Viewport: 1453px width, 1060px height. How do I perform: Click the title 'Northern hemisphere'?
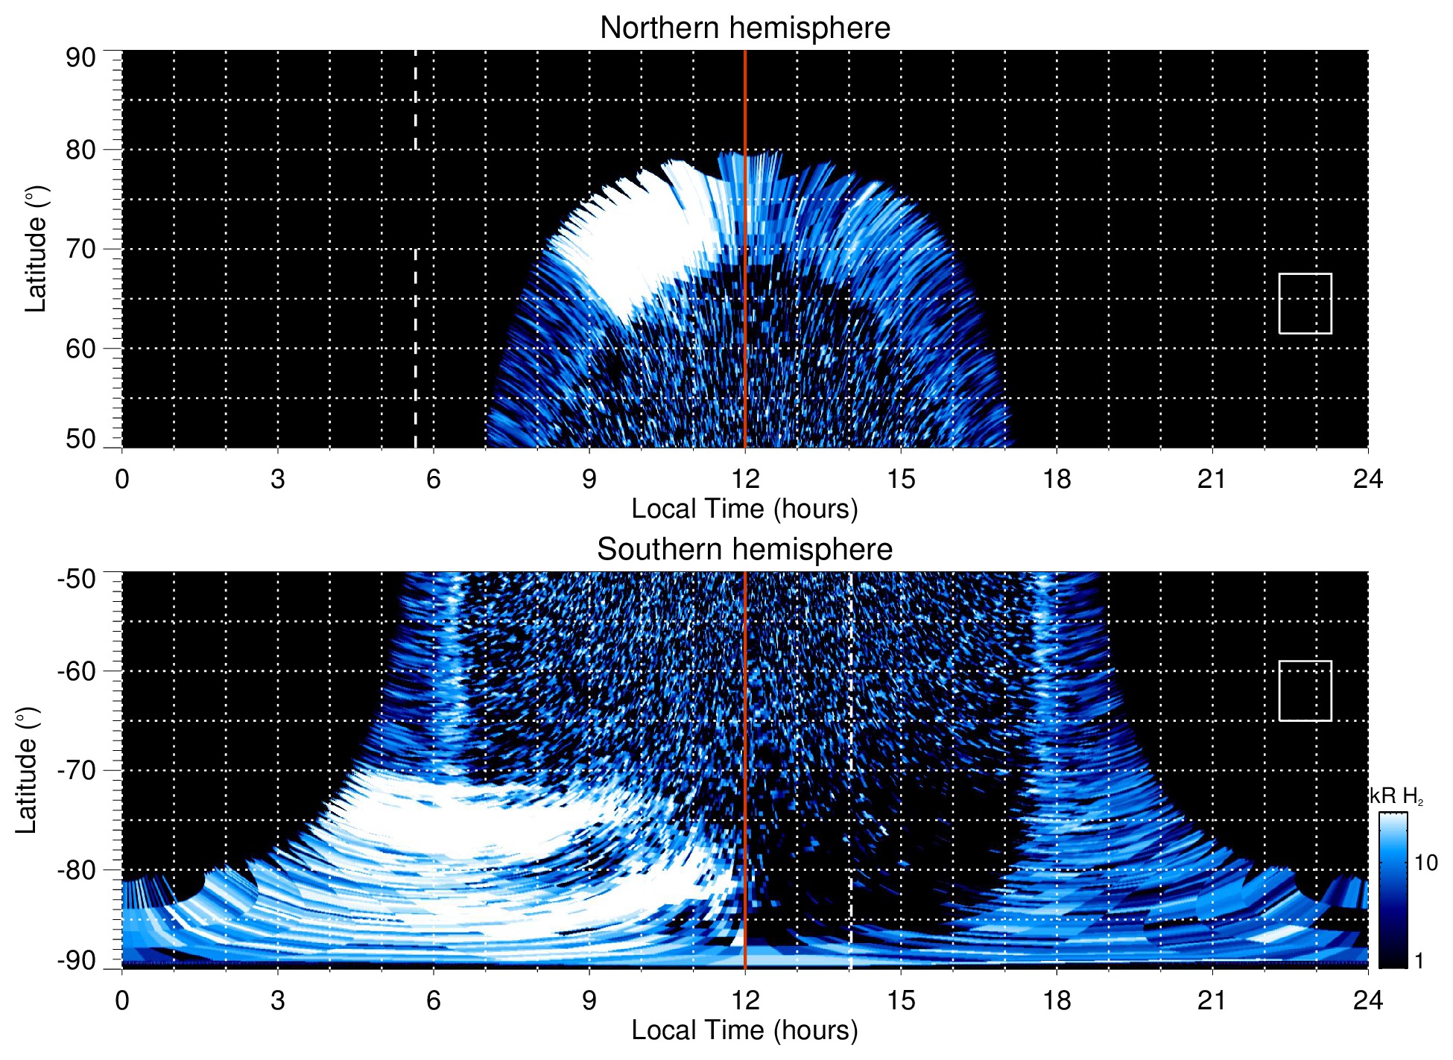pos(744,28)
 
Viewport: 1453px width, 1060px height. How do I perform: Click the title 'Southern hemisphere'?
pos(744,550)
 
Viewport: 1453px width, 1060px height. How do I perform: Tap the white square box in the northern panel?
pos(1305,303)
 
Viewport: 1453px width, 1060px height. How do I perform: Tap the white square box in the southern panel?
pos(1305,691)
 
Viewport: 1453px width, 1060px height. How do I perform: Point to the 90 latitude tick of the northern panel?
pos(80,58)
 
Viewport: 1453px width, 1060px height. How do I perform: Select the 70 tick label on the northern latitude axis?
pos(80,249)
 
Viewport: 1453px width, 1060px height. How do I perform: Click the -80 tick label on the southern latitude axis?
pos(77,869)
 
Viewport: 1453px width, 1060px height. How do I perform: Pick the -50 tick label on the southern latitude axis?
pos(77,579)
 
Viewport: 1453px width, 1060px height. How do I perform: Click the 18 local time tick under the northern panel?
pos(1057,479)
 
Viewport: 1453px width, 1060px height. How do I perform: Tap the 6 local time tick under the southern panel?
pos(433,1000)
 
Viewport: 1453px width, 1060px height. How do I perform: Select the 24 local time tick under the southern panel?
pos(1367,1000)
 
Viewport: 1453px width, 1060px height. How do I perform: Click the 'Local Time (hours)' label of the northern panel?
pos(744,509)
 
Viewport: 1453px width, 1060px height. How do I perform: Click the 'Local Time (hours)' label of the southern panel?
pos(744,1030)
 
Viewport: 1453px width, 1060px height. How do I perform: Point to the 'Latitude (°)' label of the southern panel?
pos(27,770)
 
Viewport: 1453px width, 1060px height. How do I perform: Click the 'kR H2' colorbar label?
pos(1396,796)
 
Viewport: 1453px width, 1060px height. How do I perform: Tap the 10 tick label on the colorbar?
pos(1425,863)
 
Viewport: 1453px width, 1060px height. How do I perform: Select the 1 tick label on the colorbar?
pos(1419,961)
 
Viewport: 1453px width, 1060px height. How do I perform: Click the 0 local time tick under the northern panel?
pos(122,479)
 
